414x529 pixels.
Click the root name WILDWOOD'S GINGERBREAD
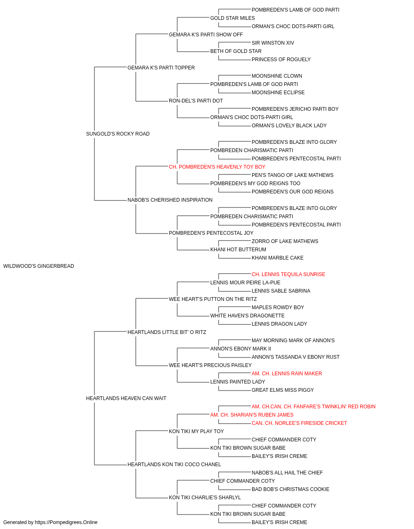point(39,266)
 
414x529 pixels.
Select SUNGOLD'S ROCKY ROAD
point(118,134)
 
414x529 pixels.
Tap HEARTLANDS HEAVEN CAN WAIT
point(126,398)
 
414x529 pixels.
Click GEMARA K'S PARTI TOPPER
point(161,68)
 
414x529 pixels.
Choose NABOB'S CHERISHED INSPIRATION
point(170,200)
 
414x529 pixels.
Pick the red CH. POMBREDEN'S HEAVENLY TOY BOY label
point(217,167)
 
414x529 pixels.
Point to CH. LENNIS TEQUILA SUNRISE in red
point(289,274)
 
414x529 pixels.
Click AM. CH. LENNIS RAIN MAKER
point(287,374)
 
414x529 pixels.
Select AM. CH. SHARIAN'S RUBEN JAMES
point(252,415)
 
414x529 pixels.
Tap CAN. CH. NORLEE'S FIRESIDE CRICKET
point(299,423)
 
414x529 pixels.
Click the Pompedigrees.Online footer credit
point(50,522)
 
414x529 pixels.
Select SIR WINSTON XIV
point(273,43)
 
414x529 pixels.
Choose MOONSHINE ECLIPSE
point(278,93)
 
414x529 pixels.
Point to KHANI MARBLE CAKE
point(277,258)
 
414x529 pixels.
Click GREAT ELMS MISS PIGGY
point(283,390)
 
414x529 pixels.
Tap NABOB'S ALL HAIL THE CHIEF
point(287,473)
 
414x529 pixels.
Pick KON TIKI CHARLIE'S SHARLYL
point(205,498)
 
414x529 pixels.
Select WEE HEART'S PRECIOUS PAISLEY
point(210,365)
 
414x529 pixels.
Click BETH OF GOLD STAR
point(236,51)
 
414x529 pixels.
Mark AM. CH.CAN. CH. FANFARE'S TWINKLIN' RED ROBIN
point(313,407)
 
